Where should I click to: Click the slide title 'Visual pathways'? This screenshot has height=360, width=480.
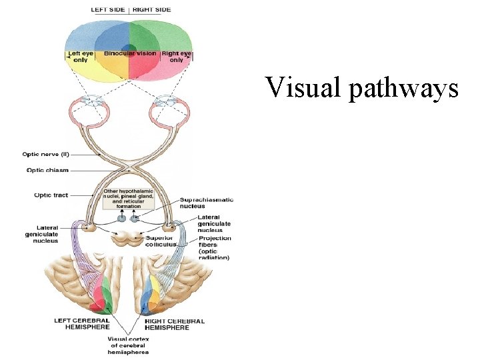coord(362,87)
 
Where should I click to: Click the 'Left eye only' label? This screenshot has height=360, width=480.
coord(81,57)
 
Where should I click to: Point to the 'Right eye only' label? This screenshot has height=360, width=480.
coord(176,57)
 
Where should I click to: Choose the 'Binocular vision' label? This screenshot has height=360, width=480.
coord(130,53)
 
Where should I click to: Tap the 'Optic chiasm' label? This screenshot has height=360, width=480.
coord(47,170)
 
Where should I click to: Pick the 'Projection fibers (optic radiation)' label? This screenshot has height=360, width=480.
coord(214,247)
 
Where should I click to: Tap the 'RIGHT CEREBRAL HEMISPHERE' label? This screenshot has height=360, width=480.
coord(175,323)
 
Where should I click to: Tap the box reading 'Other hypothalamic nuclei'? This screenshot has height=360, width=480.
coord(129,198)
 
